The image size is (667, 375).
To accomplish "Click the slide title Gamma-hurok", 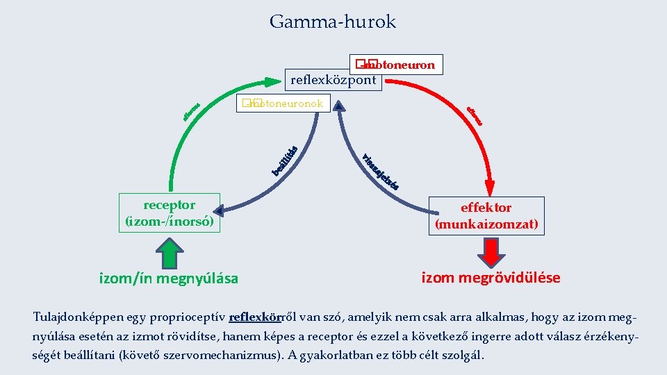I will click(333, 22).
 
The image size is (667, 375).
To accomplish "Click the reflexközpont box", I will click(333, 80).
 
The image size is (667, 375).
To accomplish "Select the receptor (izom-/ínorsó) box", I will click(170, 213).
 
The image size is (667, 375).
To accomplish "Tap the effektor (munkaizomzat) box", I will click(486, 216).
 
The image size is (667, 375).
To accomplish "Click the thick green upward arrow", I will click(170, 252).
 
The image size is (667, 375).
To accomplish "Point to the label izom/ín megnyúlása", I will click(170, 278).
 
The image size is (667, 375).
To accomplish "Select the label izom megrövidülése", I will click(491, 278).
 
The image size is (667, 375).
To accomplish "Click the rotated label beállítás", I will click(285, 160).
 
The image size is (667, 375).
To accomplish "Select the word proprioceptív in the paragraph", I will click(190, 317).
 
